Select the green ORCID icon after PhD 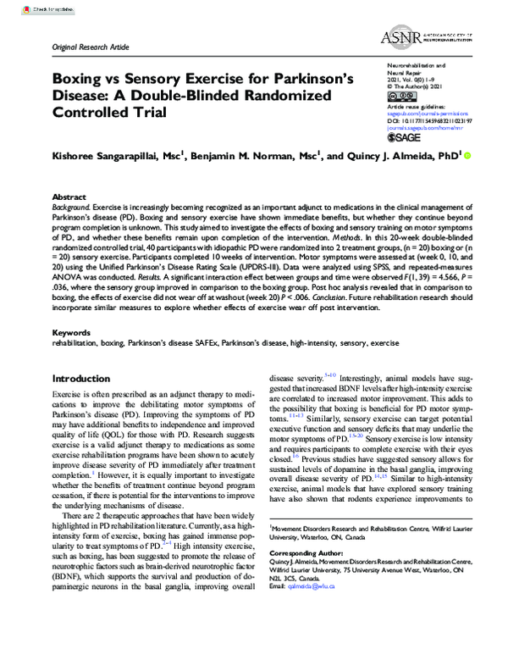coord(469,156)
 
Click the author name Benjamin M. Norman coord(252,157)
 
